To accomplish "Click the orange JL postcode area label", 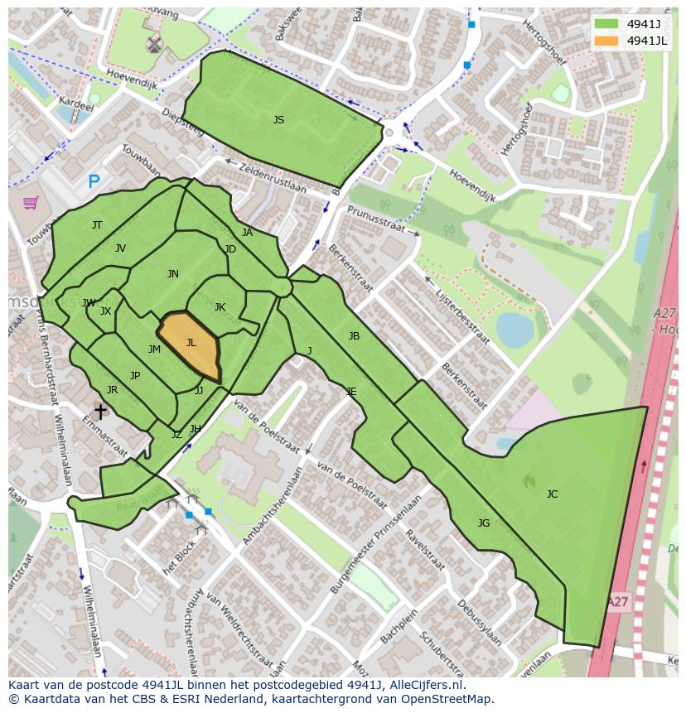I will (191, 343).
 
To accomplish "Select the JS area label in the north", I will (278, 120).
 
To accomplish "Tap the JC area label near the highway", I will (552, 494).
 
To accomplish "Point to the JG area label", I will (484, 523).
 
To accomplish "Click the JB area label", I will (354, 336).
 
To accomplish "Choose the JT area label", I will (97, 225).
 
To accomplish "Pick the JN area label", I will (172, 274).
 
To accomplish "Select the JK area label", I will (220, 307).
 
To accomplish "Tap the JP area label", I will (135, 376).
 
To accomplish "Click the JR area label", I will (112, 390).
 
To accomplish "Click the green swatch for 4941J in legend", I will (606, 24).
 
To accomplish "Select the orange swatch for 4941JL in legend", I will (606, 41).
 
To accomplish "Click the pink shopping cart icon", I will (31, 202).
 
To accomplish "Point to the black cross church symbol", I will (100, 411).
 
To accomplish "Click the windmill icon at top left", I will (153, 45).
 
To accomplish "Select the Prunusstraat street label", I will (380, 221).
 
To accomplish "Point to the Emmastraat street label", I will (98, 436).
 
